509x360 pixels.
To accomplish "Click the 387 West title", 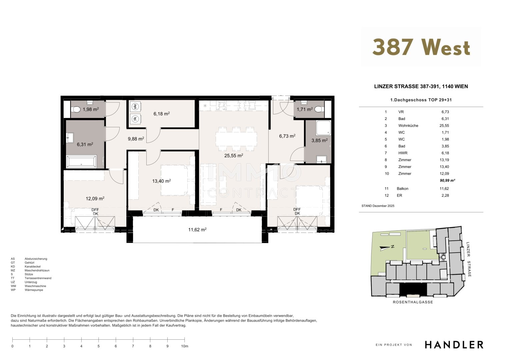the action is tap(421, 47).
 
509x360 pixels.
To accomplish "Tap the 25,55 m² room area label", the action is tap(234, 155).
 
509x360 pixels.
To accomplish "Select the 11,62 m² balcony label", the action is tap(197, 230).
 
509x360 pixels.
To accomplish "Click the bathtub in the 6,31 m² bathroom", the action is tap(82, 161).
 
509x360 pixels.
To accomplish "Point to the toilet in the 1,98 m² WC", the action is tap(76, 110).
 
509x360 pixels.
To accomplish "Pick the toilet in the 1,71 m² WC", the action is tap(319, 110).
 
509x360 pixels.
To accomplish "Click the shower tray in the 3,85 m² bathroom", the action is tap(323, 128).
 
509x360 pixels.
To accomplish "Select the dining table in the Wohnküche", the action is tap(236, 139).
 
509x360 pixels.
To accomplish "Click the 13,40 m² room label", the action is tap(161, 181).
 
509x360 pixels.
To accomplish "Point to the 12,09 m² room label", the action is tap(95, 198).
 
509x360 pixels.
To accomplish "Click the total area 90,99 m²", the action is tap(447, 180).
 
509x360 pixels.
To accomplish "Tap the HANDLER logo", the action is tap(454, 345).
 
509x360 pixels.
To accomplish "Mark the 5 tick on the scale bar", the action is tap(98, 340).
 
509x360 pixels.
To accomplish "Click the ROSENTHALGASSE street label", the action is tap(413, 302).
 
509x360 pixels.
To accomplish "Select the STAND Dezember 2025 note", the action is tap(378, 206).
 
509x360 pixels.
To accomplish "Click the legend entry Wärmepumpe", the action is tap(34, 290).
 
